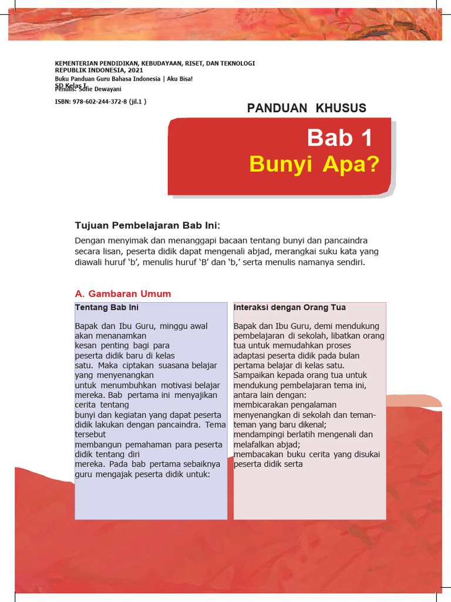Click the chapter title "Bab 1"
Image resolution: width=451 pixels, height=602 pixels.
point(339,138)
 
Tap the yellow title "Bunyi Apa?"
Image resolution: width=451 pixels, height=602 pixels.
point(314,164)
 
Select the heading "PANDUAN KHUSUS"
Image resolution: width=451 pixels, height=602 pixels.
point(307,108)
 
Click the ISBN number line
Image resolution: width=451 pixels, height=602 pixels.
point(100,101)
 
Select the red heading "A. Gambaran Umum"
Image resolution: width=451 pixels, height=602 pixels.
point(123,294)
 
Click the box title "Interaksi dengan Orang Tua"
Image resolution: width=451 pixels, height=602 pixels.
point(290,307)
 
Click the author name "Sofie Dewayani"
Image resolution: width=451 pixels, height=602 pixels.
point(105,89)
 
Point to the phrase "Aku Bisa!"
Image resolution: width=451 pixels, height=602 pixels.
point(180,79)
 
